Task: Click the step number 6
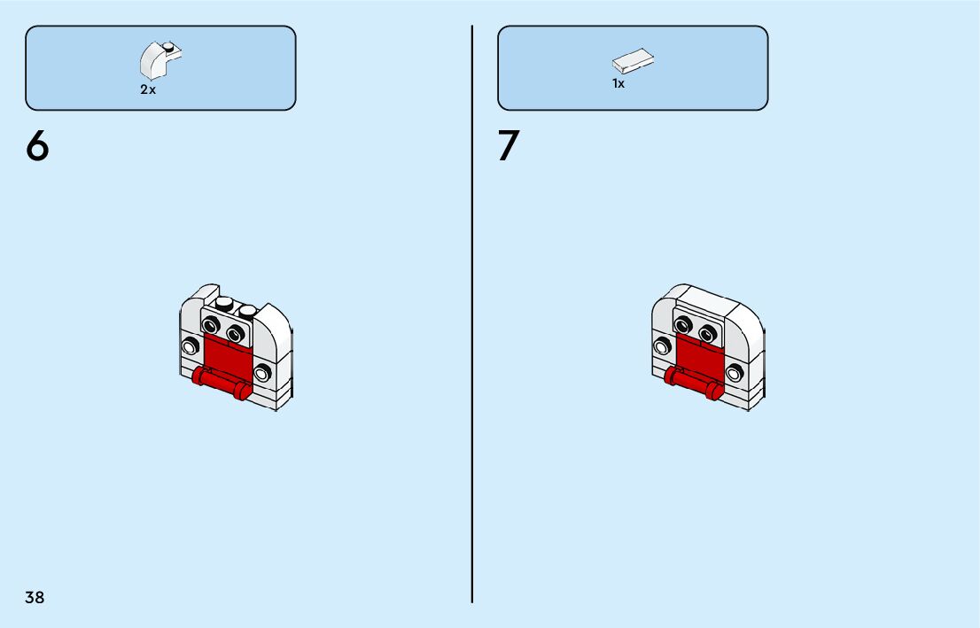[37, 146]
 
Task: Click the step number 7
[509, 146]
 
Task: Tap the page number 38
[35, 597]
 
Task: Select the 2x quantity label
[147, 90]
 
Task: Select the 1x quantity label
[618, 84]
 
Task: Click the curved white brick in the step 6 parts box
[159, 60]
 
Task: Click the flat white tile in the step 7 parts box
[633, 62]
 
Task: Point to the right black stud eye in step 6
[235, 334]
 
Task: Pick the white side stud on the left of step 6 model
[188, 345]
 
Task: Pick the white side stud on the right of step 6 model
[262, 372]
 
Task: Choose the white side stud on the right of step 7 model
[734, 372]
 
